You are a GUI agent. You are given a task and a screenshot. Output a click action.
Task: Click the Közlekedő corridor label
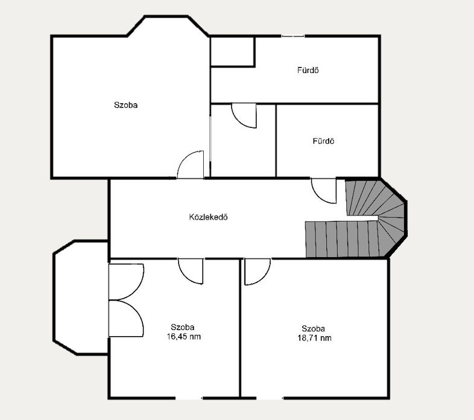point(208,217)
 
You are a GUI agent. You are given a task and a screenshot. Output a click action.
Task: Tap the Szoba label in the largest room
point(126,105)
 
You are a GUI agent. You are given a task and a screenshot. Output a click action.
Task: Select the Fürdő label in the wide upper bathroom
point(308,70)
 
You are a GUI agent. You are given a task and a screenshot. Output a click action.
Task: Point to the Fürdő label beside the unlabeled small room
point(323,141)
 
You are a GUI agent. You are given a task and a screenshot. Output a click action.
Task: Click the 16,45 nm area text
point(184,337)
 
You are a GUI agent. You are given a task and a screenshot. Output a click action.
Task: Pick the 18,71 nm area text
point(314,338)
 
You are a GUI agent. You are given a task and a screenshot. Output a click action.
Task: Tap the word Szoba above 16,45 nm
point(183,327)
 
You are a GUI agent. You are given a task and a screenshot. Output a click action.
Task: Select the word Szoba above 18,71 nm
point(314,329)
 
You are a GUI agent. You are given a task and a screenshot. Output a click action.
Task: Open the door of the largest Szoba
point(191,165)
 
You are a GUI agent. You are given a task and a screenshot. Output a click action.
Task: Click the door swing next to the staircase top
point(324,191)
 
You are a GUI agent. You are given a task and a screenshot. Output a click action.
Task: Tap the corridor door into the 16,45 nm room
point(191,271)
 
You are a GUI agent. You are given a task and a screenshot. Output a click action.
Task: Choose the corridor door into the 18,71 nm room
point(258,272)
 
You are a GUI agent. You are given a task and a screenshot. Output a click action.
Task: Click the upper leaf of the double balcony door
point(126,282)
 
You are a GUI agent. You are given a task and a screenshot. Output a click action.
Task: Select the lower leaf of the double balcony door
point(126,319)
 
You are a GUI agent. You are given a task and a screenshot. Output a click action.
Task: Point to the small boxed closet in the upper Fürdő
point(232,51)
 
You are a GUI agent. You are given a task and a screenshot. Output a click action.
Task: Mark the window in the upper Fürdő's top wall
point(293,36)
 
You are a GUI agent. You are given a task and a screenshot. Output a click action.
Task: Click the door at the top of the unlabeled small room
point(244,116)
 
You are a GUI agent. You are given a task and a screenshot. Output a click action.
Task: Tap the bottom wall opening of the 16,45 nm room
point(189,398)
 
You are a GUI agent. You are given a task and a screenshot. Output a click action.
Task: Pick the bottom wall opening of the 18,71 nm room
point(270,398)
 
